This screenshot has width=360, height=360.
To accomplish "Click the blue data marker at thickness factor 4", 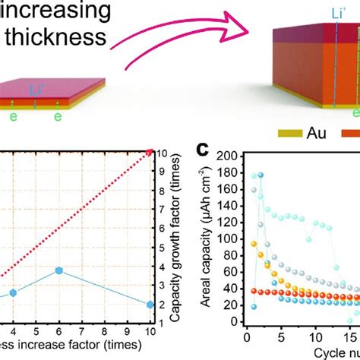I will pos(12,292).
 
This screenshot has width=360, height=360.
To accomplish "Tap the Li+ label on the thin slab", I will pos(36,90).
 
